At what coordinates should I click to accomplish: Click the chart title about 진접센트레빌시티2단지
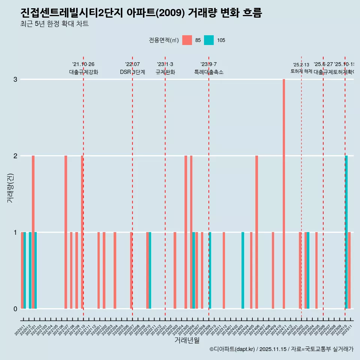[141, 13]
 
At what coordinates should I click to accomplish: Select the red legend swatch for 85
[187, 40]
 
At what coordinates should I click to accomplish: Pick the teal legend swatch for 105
[209, 40]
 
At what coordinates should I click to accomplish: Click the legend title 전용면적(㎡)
[164, 40]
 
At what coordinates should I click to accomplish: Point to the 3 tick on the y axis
[15, 79]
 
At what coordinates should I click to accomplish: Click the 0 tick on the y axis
[15, 309]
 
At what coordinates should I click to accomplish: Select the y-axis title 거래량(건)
[10, 187]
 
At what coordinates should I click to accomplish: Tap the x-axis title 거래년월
[187, 340]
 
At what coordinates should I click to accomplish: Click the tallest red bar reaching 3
[284, 194]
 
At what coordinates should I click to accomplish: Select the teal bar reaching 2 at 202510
[346, 232]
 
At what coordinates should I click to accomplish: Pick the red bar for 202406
[256, 232]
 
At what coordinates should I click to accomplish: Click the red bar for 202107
[66, 232]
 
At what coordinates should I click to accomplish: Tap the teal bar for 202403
[243, 270]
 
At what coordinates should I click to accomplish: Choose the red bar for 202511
[349, 270]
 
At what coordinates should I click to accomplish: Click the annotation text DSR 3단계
[132, 72]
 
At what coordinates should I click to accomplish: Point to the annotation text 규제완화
[165, 72]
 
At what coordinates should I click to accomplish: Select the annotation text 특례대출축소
[208, 72]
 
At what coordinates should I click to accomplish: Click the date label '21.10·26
[83, 64]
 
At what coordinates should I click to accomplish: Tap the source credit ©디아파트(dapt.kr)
[232, 349]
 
